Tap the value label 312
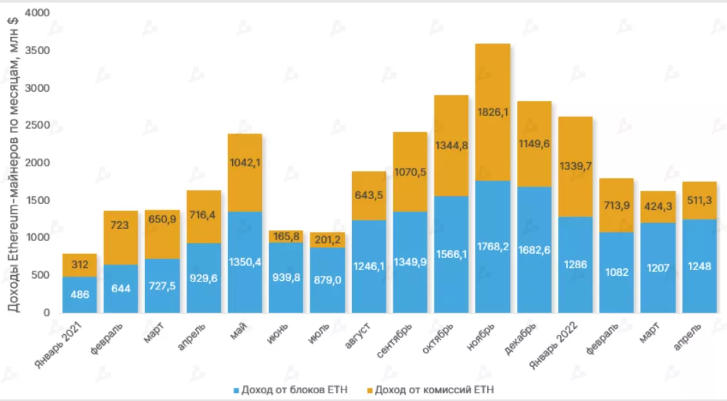coord(80,265)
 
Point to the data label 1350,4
coord(245,262)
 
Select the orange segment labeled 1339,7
coord(575,166)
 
